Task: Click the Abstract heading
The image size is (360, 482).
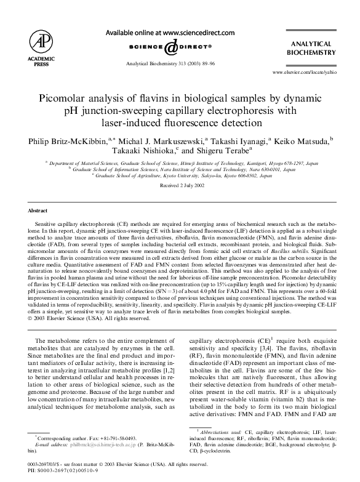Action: [x=38, y=210]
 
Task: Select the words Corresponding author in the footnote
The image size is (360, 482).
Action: [x=59, y=436]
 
